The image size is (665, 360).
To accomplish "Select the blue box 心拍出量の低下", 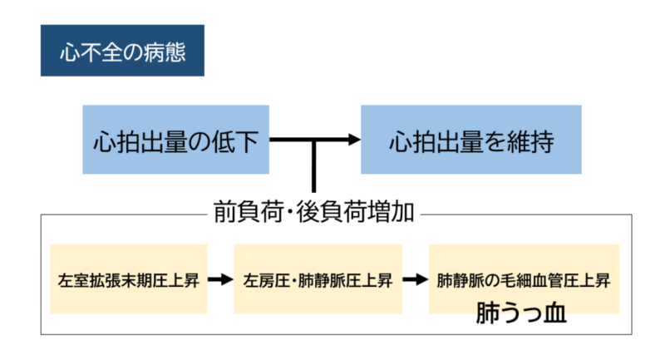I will [176, 139].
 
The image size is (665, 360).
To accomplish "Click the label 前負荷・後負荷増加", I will [314, 212].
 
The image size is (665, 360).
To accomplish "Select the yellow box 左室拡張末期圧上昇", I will [128, 279].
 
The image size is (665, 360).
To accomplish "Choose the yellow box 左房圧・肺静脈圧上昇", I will [318, 279].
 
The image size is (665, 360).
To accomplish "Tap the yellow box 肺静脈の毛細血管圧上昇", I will [524, 279].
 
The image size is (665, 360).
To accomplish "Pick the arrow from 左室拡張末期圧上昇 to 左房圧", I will [220, 279].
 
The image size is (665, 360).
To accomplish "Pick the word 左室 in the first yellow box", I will [72, 279].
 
